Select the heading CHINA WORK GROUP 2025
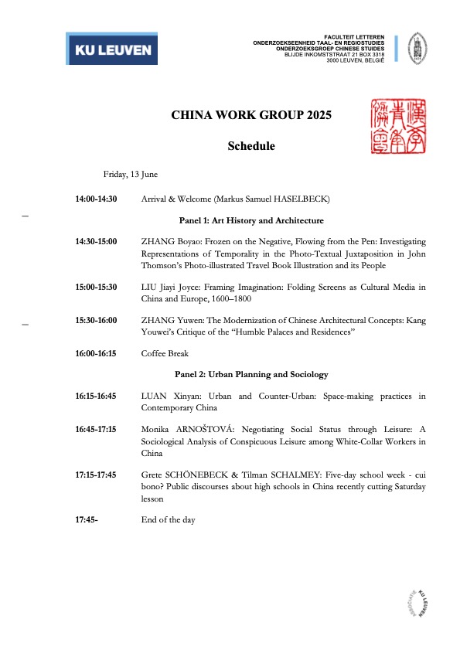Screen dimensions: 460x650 pyautogui.click(x=250, y=116)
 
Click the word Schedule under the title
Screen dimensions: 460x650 pyautogui.click(x=250, y=146)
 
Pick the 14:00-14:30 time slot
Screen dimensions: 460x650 pyautogui.click(x=96, y=199)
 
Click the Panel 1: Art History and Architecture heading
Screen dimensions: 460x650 pyautogui.click(x=250, y=220)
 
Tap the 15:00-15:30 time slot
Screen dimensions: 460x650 pyautogui.click(x=96, y=287)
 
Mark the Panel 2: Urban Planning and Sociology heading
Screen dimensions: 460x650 pyautogui.click(x=250, y=374)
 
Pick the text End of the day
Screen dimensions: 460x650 pyautogui.click(x=169, y=520)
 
